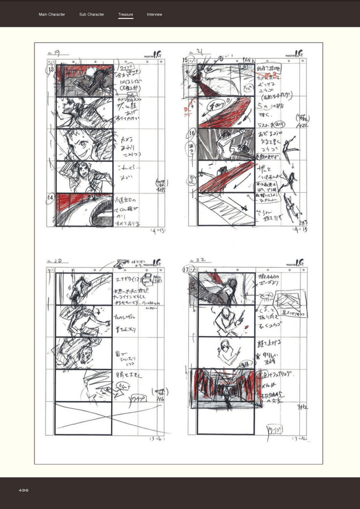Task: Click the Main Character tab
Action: click(x=52, y=14)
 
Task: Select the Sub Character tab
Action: click(x=92, y=14)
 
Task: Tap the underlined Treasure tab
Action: click(x=126, y=14)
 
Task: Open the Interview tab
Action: click(x=154, y=14)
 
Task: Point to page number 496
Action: click(x=24, y=490)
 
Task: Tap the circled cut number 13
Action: click(x=51, y=69)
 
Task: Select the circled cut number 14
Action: click(x=50, y=198)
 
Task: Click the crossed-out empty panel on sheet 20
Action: click(x=84, y=418)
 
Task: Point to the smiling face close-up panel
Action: click(x=84, y=144)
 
